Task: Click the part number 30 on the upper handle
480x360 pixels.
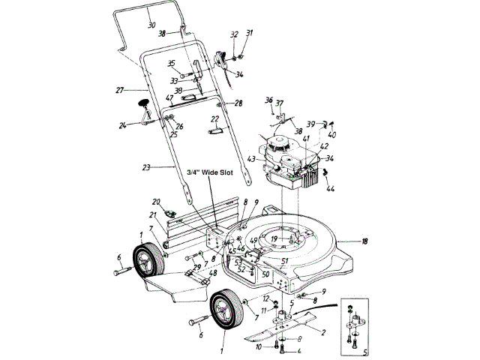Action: coord(151,25)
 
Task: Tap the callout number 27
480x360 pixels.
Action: coord(118,91)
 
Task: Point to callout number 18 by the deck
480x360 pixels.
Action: coord(365,242)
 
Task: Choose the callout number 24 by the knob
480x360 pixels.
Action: coord(122,125)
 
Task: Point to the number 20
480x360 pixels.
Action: coord(156,202)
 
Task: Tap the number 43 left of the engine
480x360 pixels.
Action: coord(250,158)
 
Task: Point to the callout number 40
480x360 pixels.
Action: coord(332,136)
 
